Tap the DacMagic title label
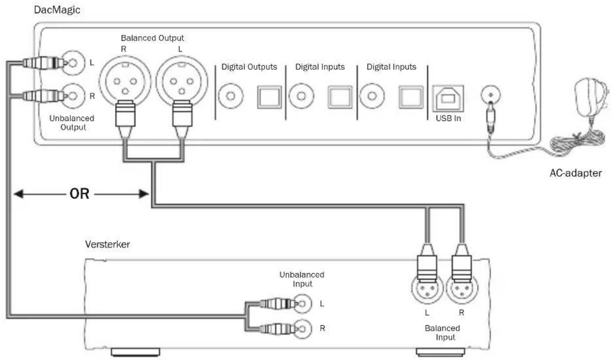[57, 10]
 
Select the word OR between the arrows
[79, 194]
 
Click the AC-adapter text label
[576, 173]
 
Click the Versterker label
[108, 244]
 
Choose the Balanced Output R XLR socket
[125, 81]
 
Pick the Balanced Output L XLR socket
[182, 81]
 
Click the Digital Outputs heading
[249, 67]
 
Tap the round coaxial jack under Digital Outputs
[230, 96]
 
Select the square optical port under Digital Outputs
[269, 97]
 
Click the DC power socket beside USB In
[491, 95]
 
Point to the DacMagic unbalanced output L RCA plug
[44, 63]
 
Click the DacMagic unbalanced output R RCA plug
[44, 96]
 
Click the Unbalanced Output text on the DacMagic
[72, 123]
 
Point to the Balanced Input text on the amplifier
[442, 333]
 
